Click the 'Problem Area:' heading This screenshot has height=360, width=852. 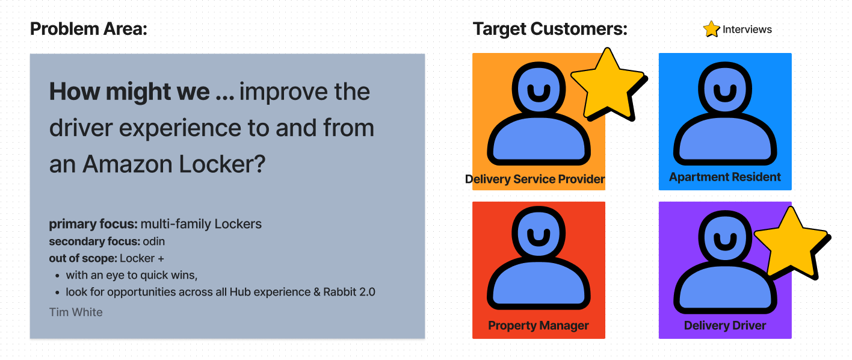coord(88,29)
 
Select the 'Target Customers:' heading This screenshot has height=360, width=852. coord(550,29)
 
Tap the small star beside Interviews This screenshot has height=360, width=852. coord(711,29)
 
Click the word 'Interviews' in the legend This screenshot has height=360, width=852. coord(747,29)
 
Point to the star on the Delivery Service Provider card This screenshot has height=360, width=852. coord(608,85)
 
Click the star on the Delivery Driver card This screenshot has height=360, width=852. coord(792,244)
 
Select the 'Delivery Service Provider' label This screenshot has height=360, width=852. coord(535,179)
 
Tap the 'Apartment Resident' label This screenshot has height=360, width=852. coord(725,177)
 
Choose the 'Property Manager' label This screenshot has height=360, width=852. coord(539,325)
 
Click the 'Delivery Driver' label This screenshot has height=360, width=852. coord(725,325)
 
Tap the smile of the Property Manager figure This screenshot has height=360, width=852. coord(539,237)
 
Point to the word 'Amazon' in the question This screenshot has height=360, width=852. coord(128,164)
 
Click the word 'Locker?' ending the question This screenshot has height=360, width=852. coord(222,164)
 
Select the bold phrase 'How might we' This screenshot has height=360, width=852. coord(129,92)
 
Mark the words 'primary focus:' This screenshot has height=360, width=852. coord(93,224)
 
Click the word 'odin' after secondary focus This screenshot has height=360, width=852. coord(153,241)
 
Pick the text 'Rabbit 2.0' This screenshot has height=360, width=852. coord(349,292)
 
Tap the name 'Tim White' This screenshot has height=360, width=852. coord(76,312)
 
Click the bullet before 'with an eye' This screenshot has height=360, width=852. coord(57,276)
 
